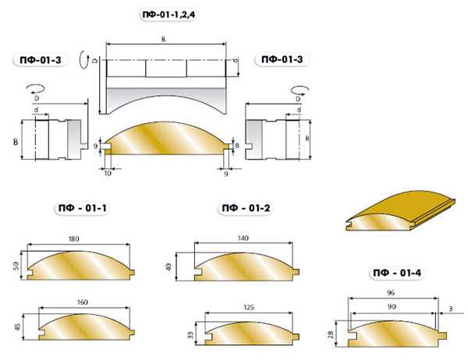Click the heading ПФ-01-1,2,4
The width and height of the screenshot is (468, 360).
point(169,15)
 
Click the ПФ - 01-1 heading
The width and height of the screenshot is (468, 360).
point(83,208)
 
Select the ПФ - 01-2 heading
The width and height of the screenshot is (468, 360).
point(246,208)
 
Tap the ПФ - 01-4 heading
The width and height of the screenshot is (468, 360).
point(397,273)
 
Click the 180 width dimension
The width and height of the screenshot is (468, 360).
point(74,238)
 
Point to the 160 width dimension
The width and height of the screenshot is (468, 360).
point(83,302)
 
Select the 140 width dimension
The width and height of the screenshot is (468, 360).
point(243,238)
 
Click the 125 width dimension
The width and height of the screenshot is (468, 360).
point(249,307)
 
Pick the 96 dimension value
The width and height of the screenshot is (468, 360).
point(391,292)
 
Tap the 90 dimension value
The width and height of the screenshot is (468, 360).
point(392,306)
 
